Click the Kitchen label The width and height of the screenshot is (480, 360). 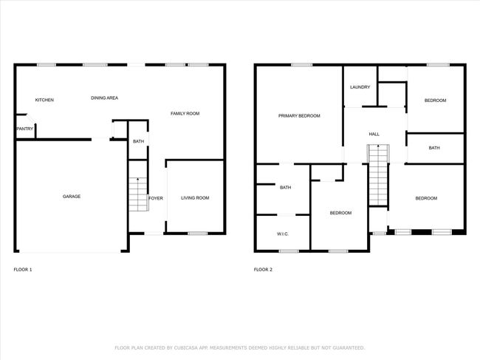44,100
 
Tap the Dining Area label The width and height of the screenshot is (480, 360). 104,98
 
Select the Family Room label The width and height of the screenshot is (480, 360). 185,113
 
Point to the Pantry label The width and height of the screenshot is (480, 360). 25,129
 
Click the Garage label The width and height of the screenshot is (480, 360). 72,197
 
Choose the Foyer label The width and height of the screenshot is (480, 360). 156,198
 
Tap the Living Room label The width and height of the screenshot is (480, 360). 195,198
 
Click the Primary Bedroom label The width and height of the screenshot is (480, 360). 299,115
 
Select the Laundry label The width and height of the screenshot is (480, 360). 360,87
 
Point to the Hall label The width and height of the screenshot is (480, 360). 374,134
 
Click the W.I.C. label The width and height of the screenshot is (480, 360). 283,234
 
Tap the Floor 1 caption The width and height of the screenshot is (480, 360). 23,270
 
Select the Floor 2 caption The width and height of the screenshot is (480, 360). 263,270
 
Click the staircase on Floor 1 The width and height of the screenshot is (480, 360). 138,194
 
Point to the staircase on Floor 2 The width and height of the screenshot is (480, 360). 379,175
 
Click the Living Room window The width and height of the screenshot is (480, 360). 197,234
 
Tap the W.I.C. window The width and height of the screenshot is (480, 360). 289,251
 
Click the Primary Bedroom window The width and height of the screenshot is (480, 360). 301,64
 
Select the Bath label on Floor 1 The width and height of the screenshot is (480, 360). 138,141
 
